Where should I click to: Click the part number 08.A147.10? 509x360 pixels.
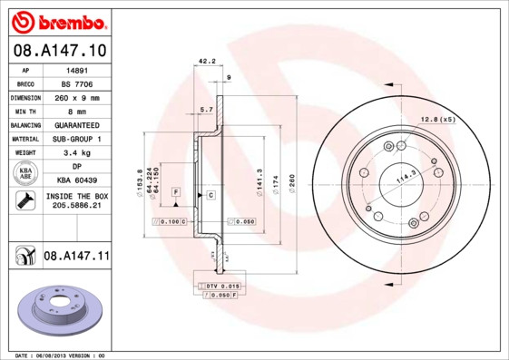tap(59, 51)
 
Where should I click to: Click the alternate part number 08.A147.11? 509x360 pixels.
tap(76, 257)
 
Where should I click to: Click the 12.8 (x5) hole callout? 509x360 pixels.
tap(436, 119)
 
